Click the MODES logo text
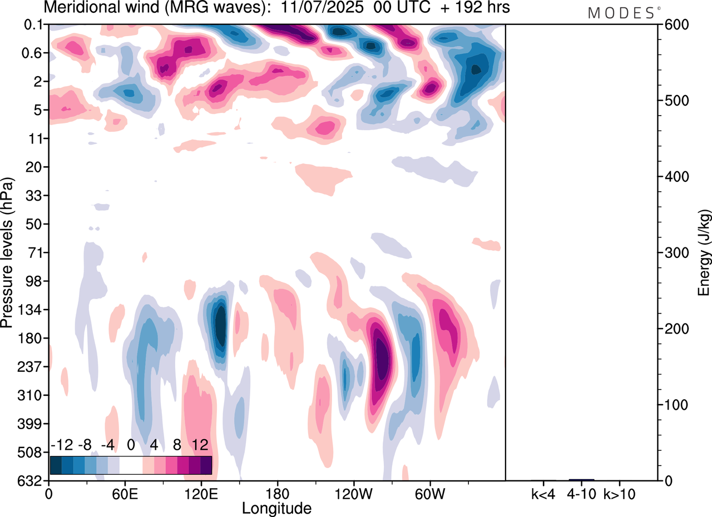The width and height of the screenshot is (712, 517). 621,13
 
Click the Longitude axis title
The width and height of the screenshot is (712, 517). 276,508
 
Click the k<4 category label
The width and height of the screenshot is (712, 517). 543,494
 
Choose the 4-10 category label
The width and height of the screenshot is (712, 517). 582,494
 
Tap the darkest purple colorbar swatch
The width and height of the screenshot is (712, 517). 206,465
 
